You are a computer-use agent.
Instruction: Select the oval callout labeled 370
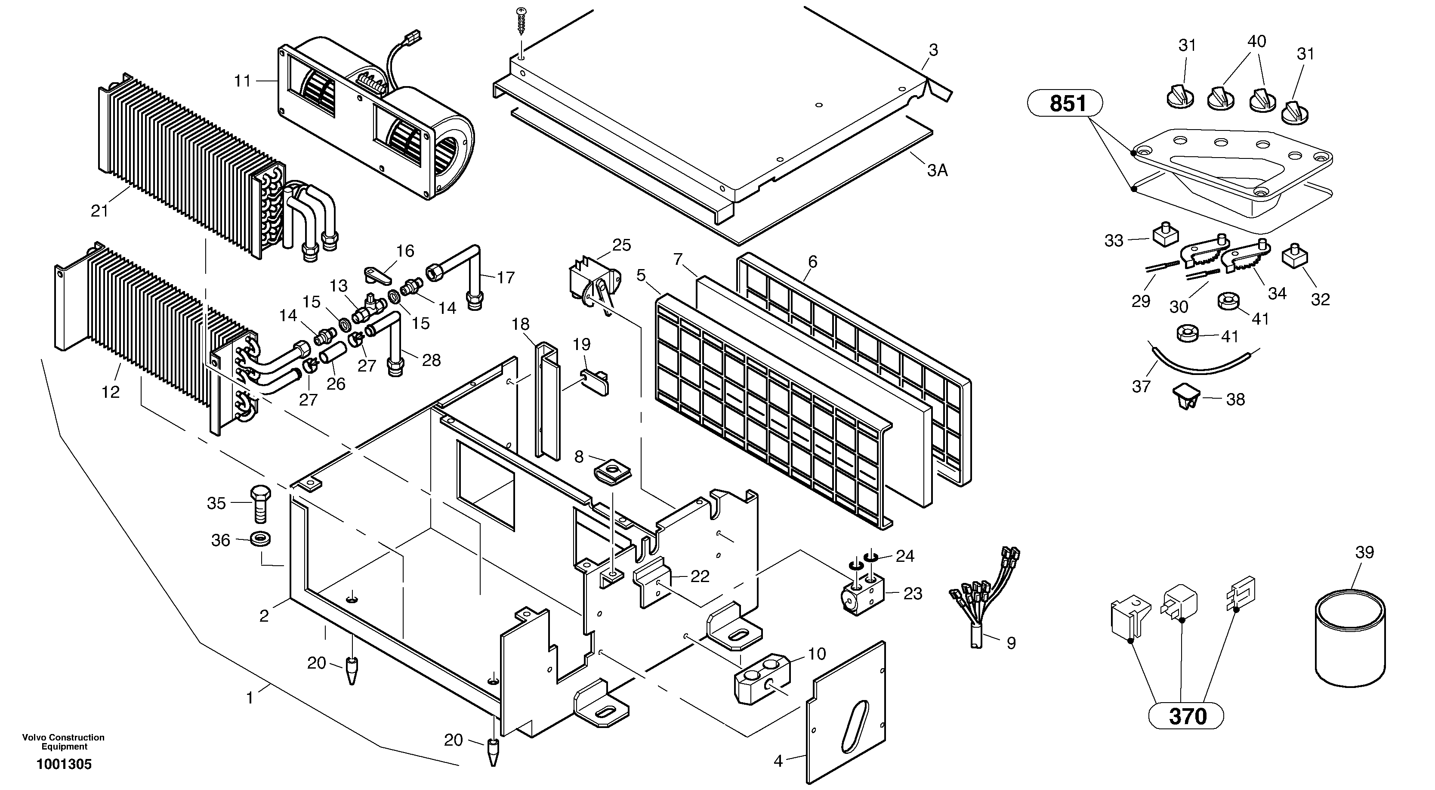click(1187, 716)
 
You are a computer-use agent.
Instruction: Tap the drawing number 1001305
click(64, 764)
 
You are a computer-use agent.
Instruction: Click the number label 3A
click(937, 170)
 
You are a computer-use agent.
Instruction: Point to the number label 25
click(621, 245)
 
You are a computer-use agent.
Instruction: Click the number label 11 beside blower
click(242, 81)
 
